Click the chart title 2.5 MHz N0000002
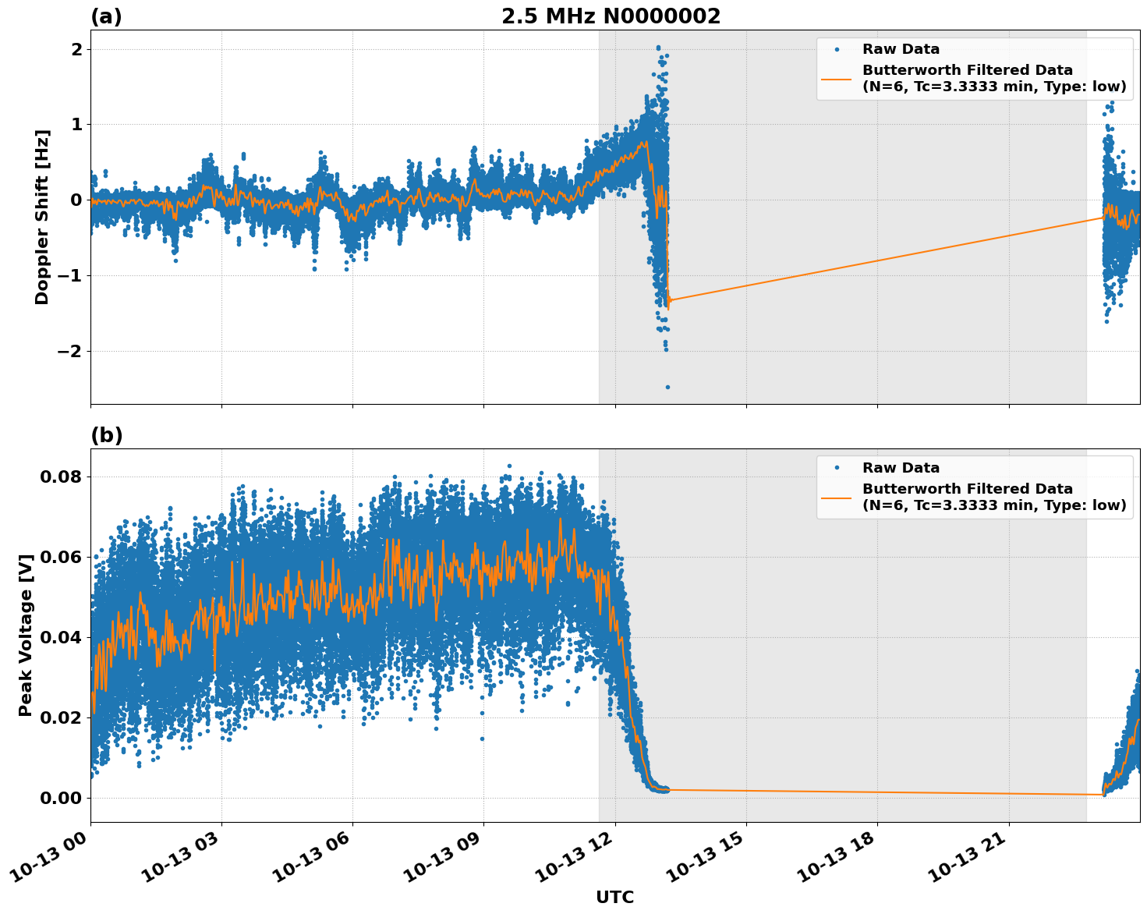click(x=611, y=16)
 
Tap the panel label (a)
click(x=106, y=16)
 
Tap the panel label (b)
click(x=107, y=435)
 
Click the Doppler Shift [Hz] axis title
click(x=42, y=217)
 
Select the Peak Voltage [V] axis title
click(x=26, y=635)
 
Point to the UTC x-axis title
click(x=614, y=897)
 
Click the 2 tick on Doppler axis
click(x=76, y=49)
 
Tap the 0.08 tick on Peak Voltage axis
click(x=60, y=476)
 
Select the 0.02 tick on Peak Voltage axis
click(x=60, y=717)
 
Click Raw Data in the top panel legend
click(x=901, y=49)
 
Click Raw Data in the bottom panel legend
click(x=901, y=468)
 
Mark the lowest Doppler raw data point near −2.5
click(x=667, y=387)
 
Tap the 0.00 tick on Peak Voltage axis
click(x=60, y=798)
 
